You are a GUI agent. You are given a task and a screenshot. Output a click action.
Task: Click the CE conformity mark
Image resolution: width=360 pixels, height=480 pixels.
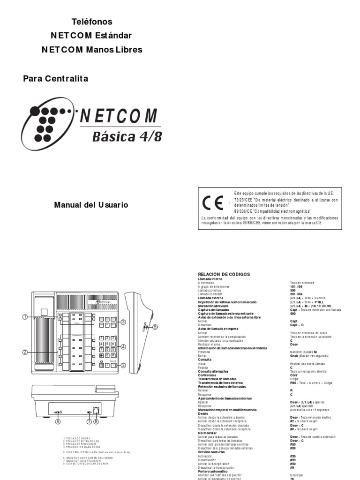point(210,203)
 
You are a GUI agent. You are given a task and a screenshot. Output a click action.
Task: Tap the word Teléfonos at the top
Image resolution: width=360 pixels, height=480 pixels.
point(92,22)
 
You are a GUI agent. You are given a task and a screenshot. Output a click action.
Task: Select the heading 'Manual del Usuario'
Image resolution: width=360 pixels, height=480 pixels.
point(91,205)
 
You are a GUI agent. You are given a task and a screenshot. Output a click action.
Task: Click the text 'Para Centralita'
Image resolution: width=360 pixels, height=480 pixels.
point(56,79)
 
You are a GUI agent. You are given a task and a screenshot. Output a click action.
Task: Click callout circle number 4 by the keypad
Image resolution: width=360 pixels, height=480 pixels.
point(123,347)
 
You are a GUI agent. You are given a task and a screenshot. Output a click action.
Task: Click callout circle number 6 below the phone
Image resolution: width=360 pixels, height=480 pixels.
point(59,421)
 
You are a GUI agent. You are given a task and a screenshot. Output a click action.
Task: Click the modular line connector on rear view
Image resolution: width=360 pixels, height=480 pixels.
point(97,409)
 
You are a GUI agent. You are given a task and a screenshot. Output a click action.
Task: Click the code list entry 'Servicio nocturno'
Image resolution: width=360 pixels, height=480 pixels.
point(211,452)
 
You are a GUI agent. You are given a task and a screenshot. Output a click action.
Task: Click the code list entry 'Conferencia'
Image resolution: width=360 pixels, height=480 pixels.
point(207,375)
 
